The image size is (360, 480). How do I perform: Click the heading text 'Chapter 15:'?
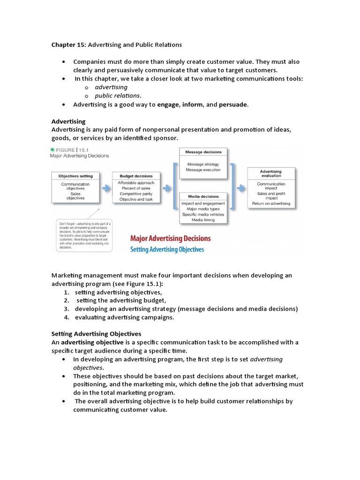pyautogui.click(x=67, y=45)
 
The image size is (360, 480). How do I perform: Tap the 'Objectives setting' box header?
pyautogui.click(x=75, y=176)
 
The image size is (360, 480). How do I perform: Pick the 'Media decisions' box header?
pyautogui.click(x=203, y=196)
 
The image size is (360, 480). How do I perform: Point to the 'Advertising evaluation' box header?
pyautogui.click(x=271, y=174)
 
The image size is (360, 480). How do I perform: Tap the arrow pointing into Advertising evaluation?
pyautogui.click(x=240, y=188)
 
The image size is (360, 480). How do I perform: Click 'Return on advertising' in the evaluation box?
pyautogui.click(x=271, y=203)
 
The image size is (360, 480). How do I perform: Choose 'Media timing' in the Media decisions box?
pyautogui.click(x=203, y=220)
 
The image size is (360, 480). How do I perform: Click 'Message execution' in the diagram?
pyautogui.click(x=203, y=170)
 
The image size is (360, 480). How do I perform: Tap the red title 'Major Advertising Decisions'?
pyautogui.click(x=170, y=239)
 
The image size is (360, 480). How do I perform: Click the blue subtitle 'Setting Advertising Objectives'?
pyautogui.click(x=167, y=249)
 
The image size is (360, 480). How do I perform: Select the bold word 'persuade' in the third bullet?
pyautogui.click(x=233, y=105)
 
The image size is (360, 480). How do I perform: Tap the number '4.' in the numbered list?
pyautogui.click(x=67, y=317)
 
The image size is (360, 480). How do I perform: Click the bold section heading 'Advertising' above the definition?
pyautogui.click(x=68, y=121)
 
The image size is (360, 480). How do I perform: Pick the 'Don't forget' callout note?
pyautogui.click(x=82, y=232)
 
